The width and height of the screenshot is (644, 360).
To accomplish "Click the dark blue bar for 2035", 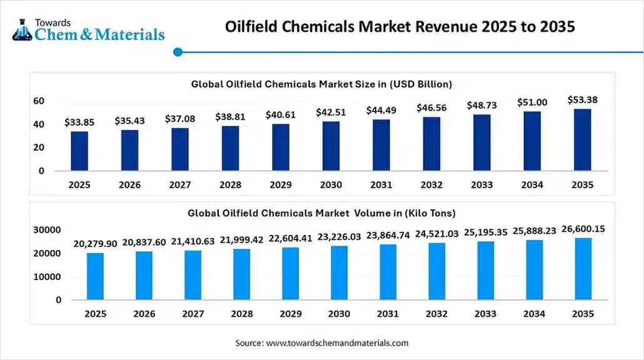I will click(x=582, y=140).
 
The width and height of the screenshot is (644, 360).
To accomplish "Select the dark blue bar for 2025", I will click(x=79, y=151).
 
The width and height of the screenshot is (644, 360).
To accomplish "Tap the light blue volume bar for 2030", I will click(x=339, y=272).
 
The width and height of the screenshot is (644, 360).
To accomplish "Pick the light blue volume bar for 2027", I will click(x=193, y=275).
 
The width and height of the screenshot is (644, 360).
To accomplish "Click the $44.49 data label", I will click(x=381, y=111).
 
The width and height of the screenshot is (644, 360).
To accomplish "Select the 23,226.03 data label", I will click(x=339, y=237).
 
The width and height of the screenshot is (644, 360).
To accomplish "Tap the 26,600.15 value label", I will click(x=583, y=229).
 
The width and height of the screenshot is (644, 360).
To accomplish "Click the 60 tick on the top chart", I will click(x=38, y=101).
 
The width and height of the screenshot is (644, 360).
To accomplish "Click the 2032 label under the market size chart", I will click(x=431, y=185).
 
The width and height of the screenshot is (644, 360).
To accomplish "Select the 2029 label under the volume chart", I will click(x=290, y=314).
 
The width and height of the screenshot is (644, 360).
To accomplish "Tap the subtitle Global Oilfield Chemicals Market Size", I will click(x=321, y=83).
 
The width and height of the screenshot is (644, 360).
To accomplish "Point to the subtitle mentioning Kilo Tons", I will click(x=321, y=212).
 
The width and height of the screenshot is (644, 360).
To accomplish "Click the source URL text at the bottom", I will click(x=321, y=342).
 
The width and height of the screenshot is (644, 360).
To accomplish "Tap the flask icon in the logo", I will click(x=21, y=31).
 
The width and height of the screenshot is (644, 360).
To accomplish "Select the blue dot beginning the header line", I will click(x=178, y=52).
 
